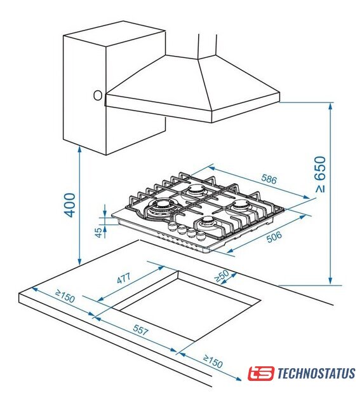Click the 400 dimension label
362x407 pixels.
click(70, 205)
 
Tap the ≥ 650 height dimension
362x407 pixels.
click(321, 174)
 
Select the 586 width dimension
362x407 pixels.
click(269, 179)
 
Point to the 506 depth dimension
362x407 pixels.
click(274, 237)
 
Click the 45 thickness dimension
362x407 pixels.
click(98, 232)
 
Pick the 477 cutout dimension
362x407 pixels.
click(124, 278)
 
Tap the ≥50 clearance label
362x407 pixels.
click(222, 276)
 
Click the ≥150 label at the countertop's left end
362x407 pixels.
click(65, 296)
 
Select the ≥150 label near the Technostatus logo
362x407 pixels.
click(213, 361)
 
